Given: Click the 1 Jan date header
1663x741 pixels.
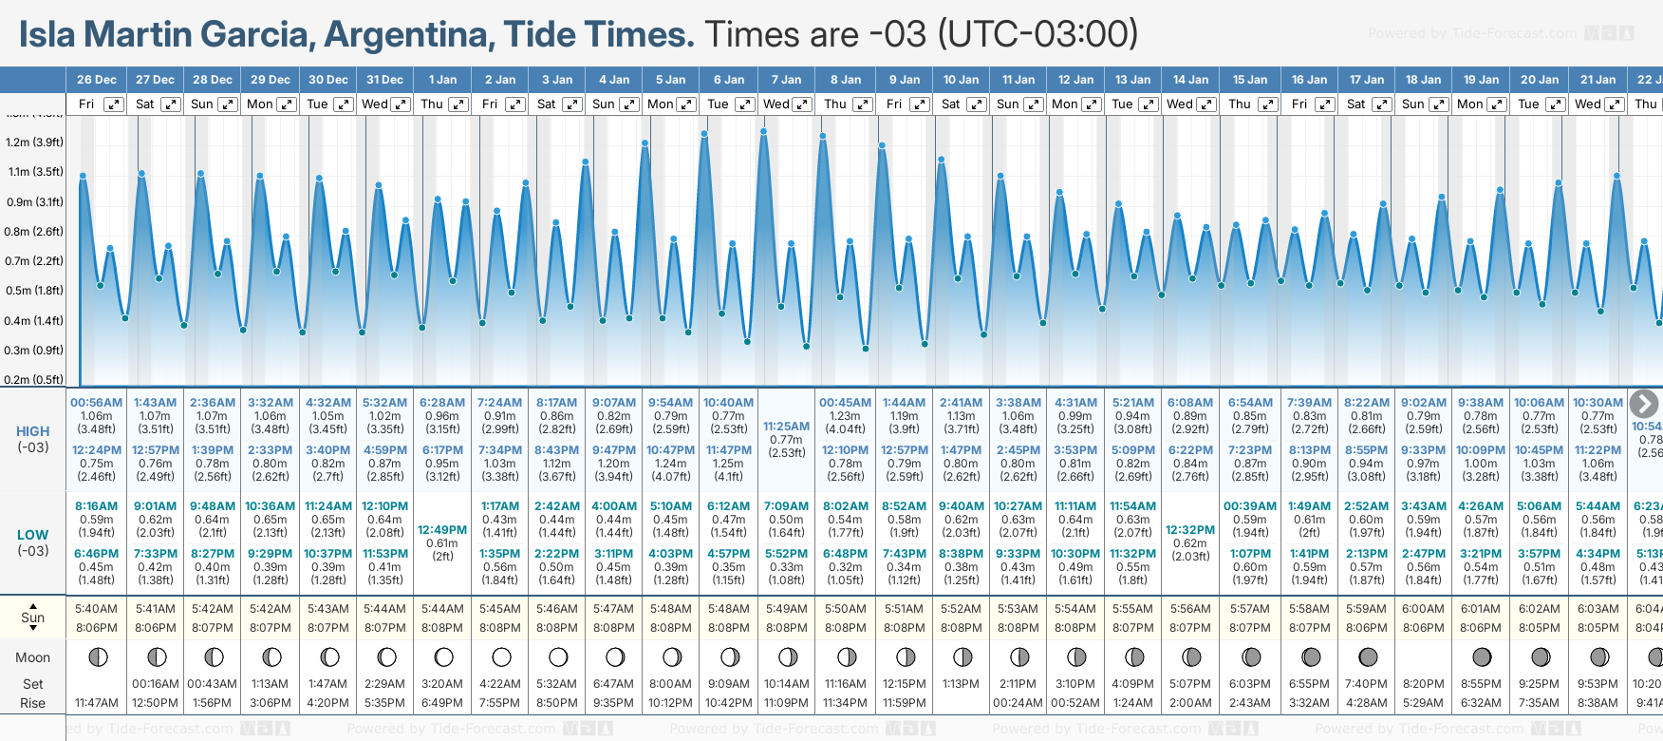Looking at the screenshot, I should [442, 80].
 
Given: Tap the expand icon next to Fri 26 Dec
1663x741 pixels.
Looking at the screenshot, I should [113, 104].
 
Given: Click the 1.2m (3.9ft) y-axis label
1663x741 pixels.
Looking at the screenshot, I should [34, 142].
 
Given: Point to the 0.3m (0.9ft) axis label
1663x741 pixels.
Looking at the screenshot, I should [34, 351].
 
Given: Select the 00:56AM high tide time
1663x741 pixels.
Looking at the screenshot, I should [96, 403].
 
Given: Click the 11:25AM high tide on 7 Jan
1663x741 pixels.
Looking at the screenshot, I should [786, 427].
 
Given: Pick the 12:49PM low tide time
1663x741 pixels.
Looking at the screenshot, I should [442, 530].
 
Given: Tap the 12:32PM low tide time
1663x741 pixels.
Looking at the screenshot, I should [1190, 530].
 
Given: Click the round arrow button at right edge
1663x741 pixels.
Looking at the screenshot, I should [1644, 404].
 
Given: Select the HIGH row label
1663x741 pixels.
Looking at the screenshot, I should [32, 431].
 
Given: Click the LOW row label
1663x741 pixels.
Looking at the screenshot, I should [32, 535].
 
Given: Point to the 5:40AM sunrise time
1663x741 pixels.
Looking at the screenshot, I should [96, 609].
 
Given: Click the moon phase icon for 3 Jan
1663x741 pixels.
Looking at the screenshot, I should [558, 656].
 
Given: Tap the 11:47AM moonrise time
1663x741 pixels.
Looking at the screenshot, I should [96, 703].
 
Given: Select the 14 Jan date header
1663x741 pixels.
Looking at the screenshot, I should [1190, 80].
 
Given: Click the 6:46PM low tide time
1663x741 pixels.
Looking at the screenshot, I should [96, 554].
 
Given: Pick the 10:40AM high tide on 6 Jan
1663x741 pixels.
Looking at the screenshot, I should [728, 403].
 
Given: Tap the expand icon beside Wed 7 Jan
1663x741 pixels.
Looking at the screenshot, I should [802, 104].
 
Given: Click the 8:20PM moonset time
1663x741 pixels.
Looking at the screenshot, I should [1423, 684].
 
